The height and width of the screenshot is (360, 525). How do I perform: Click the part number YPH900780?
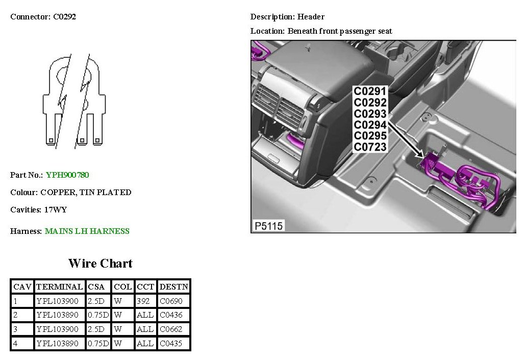tap(67, 175)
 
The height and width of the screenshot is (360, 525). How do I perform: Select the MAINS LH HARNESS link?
tap(87, 231)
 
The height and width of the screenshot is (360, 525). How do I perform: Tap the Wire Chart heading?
tap(100, 263)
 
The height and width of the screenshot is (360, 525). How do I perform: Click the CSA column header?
tap(96, 287)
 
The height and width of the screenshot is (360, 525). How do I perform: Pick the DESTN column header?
tap(173, 287)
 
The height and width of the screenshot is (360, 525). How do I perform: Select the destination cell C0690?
tap(171, 301)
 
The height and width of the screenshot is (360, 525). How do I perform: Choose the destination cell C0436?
tap(171, 315)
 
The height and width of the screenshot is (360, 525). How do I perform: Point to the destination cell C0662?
tap(171, 329)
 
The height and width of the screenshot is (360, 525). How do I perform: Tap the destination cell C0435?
tap(171, 344)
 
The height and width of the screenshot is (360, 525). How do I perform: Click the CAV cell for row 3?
tap(16, 329)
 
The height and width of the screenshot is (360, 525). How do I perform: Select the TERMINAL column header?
tap(60, 287)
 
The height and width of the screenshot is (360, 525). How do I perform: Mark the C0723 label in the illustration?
tap(370, 147)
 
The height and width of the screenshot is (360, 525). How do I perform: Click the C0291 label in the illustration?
tap(370, 91)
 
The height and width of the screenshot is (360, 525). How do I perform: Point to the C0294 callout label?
tap(370, 125)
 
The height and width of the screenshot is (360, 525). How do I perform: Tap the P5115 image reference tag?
tap(268, 225)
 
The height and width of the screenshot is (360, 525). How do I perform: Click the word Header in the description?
tap(311, 17)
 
